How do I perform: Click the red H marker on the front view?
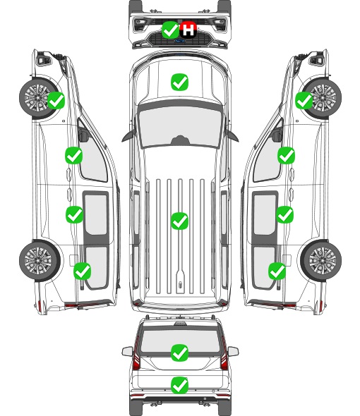pyautogui.click(x=188, y=30)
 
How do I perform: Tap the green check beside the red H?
pyautogui.click(x=170, y=30)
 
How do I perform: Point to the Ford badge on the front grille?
pyautogui.click(x=179, y=41)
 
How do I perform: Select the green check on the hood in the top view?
pyautogui.click(x=179, y=82)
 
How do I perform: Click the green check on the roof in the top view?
pyautogui.click(x=179, y=221)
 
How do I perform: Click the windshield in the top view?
pyautogui.click(x=180, y=127)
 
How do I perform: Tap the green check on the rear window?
pyautogui.click(x=179, y=353)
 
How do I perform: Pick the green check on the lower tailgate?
pyautogui.click(x=179, y=385)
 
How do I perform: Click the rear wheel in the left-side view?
pyautogui.click(x=40, y=261)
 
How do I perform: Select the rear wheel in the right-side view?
pyautogui.click(x=321, y=261)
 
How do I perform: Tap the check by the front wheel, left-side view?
pyautogui.click(x=56, y=100)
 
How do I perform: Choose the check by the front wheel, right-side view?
pyautogui.click(x=304, y=100)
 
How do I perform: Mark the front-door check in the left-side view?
pyautogui.click(x=73, y=155)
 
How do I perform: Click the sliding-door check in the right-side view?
pyautogui.click(x=284, y=214)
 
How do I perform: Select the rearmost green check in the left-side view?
pyautogui.click(x=82, y=271)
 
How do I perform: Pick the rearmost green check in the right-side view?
pyautogui.click(x=277, y=271)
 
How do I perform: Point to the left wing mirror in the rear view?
pyautogui.click(x=127, y=351)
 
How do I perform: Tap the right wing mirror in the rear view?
pyautogui.click(x=233, y=351)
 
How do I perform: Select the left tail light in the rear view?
pyautogui.click(x=136, y=355)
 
